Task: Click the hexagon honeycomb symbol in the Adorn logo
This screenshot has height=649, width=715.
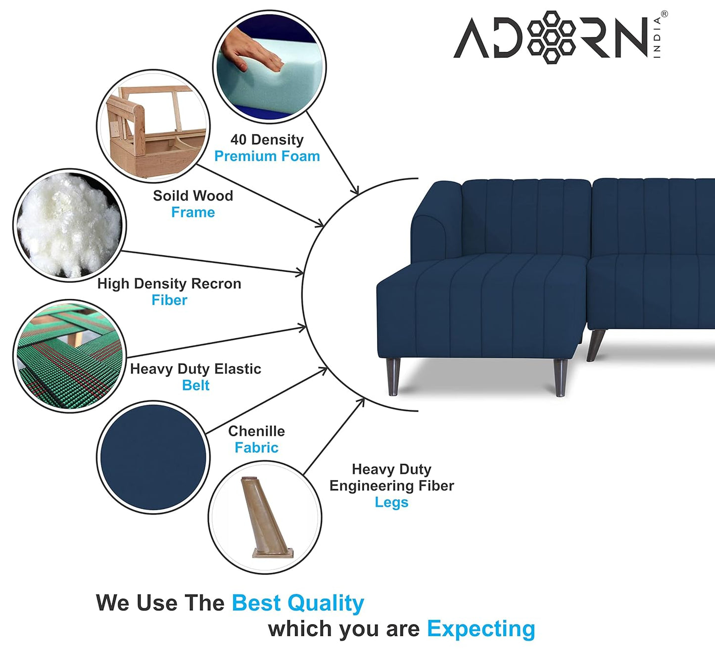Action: coord(551,37)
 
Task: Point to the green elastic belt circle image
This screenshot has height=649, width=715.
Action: coord(69,356)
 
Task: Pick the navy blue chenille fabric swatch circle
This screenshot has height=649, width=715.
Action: coord(153,457)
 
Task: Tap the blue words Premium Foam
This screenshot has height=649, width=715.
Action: coord(267,156)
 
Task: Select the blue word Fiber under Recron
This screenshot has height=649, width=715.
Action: coord(169,300)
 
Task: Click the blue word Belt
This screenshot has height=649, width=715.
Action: coord(195,385)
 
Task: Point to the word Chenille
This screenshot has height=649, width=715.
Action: coord(256,431)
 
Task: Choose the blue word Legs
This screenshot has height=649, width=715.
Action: coord(391,502)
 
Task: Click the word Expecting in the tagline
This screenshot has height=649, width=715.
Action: coord(481,629)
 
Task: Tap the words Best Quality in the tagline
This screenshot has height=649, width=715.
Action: coord(298,603)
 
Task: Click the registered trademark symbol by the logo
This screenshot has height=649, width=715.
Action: coord(664,14)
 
